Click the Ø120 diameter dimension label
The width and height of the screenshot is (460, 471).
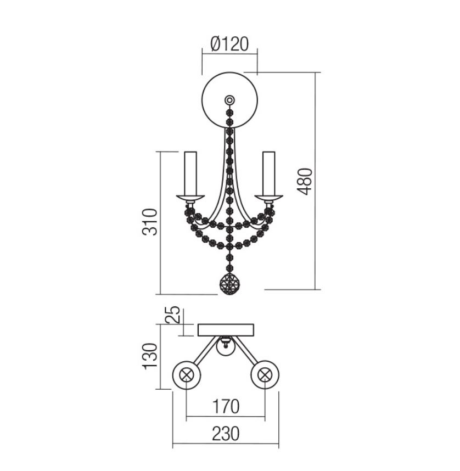tap(229, 44)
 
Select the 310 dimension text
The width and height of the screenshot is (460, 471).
tap(150, 222)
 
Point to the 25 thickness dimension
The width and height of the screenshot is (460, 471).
tap(173, 314)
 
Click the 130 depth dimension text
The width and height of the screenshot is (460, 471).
tap(150, 356)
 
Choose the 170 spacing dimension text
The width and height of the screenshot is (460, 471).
tap(226, 406)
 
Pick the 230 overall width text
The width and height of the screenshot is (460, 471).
tap(226, 434)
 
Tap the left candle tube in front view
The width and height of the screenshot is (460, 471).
tap(190, 173)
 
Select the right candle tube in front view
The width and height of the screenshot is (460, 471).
tap(268, 173)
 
